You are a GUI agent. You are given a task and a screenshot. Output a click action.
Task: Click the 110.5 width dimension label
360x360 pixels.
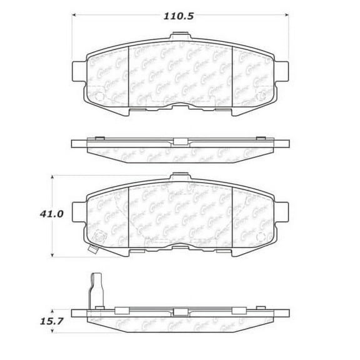(x=180, y=17)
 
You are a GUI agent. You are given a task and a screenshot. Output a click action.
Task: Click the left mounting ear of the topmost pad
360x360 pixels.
(x=79, y=69)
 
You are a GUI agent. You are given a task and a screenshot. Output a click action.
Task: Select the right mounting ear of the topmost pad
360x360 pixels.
(x=282, y=69)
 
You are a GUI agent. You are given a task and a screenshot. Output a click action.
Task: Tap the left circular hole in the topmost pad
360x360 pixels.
(x=99, y=97)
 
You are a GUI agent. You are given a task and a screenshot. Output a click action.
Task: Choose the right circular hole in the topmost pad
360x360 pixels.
(x=261, y=97)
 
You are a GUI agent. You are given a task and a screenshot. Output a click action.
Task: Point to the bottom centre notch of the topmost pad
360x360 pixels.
(x=180, y=104)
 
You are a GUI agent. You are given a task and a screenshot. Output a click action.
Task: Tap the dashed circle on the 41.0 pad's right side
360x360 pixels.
(x=261, y=238)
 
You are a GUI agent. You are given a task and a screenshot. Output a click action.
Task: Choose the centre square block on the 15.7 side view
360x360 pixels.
(x=180, y=311)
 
